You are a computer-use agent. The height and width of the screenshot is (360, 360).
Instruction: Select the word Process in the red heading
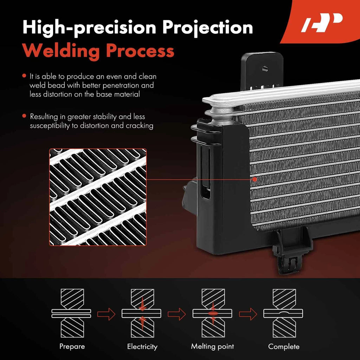(140, 51)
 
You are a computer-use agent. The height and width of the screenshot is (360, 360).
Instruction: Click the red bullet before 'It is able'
(24, 76)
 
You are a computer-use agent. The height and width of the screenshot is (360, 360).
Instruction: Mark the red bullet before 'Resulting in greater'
(24, 116)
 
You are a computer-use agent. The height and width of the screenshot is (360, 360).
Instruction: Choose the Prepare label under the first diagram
(72, 346)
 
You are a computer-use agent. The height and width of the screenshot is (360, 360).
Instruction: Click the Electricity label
(142, 346)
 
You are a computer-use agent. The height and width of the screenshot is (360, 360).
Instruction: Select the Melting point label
(212, 346)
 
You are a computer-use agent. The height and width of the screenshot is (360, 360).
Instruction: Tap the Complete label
(284, 346)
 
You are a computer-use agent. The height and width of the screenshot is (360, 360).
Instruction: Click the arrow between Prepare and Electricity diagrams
(106, 314)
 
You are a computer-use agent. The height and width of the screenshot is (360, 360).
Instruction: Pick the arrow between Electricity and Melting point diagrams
(177, 314)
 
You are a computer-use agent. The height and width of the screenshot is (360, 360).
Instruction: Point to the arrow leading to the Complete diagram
(248, 314)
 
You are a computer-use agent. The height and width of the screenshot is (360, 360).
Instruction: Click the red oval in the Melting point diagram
(213, 314)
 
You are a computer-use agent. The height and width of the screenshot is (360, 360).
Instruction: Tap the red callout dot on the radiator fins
(255, 179)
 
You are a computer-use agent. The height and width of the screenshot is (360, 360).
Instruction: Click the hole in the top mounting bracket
(265, 68)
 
